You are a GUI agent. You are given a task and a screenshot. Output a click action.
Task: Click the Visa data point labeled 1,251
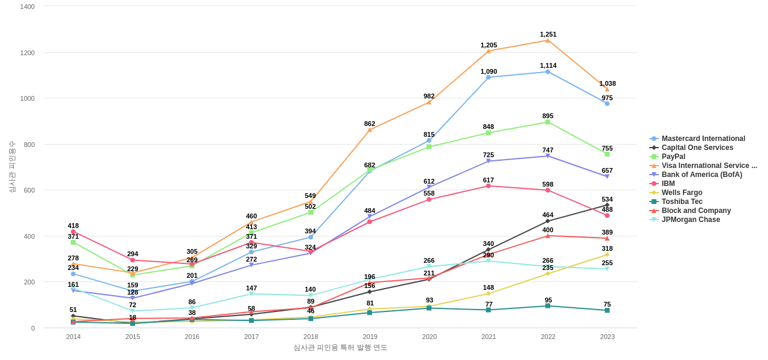pos(548,40)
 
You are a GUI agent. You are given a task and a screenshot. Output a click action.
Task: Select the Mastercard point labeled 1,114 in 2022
pos(548,72)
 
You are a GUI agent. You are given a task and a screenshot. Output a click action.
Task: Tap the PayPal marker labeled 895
pos(548,122)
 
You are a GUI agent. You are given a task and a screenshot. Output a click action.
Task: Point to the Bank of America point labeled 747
pos(548,156)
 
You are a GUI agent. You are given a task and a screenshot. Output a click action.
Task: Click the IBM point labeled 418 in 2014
pos(73,232)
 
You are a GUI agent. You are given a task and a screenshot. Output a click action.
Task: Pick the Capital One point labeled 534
pos(607,205)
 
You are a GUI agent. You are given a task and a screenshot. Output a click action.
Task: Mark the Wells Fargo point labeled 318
pos(607,254)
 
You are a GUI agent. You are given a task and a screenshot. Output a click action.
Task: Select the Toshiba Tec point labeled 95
pos(548,306)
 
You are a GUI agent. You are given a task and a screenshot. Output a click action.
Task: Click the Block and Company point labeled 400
pos(548,236)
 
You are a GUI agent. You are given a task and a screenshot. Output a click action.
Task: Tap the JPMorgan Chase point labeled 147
pos(251,294)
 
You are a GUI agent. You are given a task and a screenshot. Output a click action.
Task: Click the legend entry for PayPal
pos(673,157)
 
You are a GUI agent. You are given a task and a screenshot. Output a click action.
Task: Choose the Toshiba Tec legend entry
pos(682,202)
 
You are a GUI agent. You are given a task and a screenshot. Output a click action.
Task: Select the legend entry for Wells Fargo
pos(682,193)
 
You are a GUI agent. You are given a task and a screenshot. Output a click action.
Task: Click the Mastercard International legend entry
pos(703,139)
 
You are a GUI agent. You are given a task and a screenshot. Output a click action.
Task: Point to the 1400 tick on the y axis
pos(28,7)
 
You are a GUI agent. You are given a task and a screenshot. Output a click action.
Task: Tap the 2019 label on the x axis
pos(370,337)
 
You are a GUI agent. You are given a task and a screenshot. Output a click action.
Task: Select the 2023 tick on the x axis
pos(607,337)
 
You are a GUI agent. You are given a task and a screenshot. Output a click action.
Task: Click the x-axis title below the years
pos(340,347)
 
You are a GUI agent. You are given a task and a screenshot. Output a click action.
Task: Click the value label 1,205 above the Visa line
pos(488,45)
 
